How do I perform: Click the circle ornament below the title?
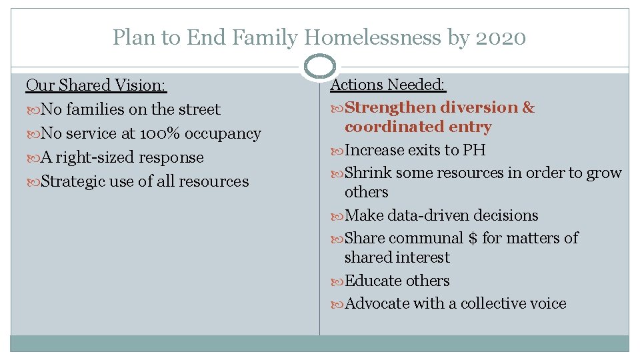319,67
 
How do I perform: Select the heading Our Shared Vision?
96,85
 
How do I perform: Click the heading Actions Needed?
388,85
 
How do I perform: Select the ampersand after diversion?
528,107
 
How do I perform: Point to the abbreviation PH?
474,150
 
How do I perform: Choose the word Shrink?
368,173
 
